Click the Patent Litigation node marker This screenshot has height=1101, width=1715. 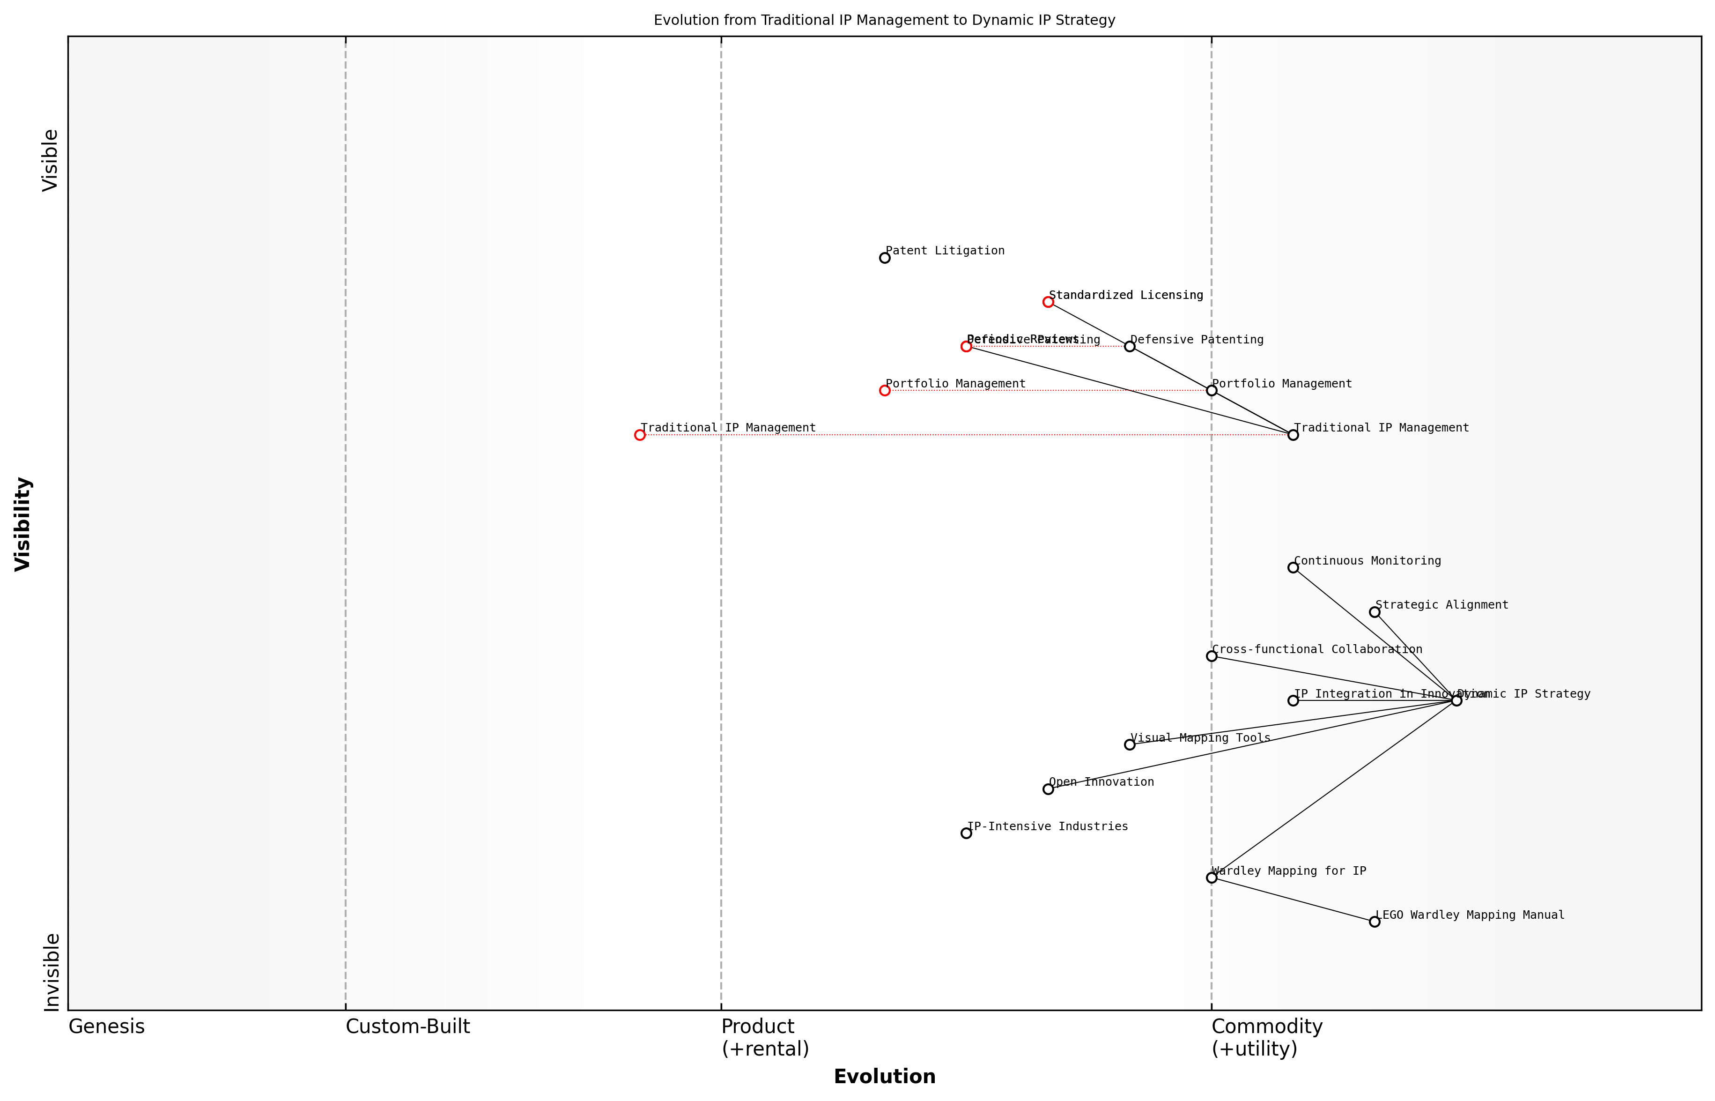click(885, 258)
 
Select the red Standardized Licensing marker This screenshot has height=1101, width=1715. click(1048, 302)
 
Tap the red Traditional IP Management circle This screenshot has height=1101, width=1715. click(640, 435)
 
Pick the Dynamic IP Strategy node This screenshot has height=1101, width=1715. click(1456, 700)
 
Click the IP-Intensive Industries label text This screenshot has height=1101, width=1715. click(1048, 826)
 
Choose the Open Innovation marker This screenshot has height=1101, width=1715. click(1048, 789)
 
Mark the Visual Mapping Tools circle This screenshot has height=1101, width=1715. click(1130, 745)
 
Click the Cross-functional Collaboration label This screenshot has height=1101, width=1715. click(1317, 649)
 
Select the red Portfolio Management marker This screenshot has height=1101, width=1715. click(885, 391)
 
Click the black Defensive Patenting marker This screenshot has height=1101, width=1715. click(1130, 347)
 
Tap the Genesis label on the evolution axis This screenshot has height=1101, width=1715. click(106, 1027)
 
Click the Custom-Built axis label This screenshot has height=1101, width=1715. click(408, 1027)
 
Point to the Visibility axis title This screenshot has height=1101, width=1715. click(23, 524)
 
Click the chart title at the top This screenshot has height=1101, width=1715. click(885, 20)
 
